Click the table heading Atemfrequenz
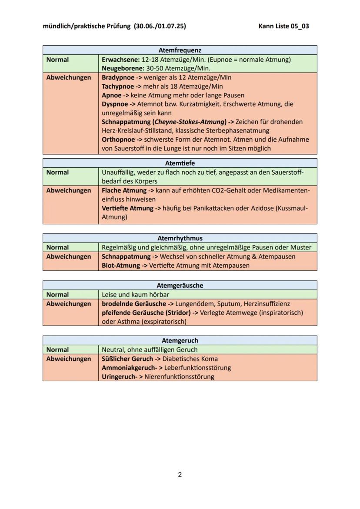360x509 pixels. click(180, 50)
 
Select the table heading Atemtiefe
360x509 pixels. click(180, 163)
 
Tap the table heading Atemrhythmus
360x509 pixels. click(180, 238)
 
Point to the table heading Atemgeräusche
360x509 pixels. click(180, 286)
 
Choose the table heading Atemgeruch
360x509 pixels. click(180, 340)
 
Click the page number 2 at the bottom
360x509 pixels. click(180, 474)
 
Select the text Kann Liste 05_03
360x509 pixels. click(283, 26)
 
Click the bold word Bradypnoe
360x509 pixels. click(118, 77)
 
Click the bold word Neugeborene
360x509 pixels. click(120, 68)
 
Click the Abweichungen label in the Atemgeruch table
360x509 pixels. click(69, 359)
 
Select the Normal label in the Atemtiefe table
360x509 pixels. click(57, 173)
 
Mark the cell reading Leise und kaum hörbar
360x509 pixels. click(135, 295)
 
